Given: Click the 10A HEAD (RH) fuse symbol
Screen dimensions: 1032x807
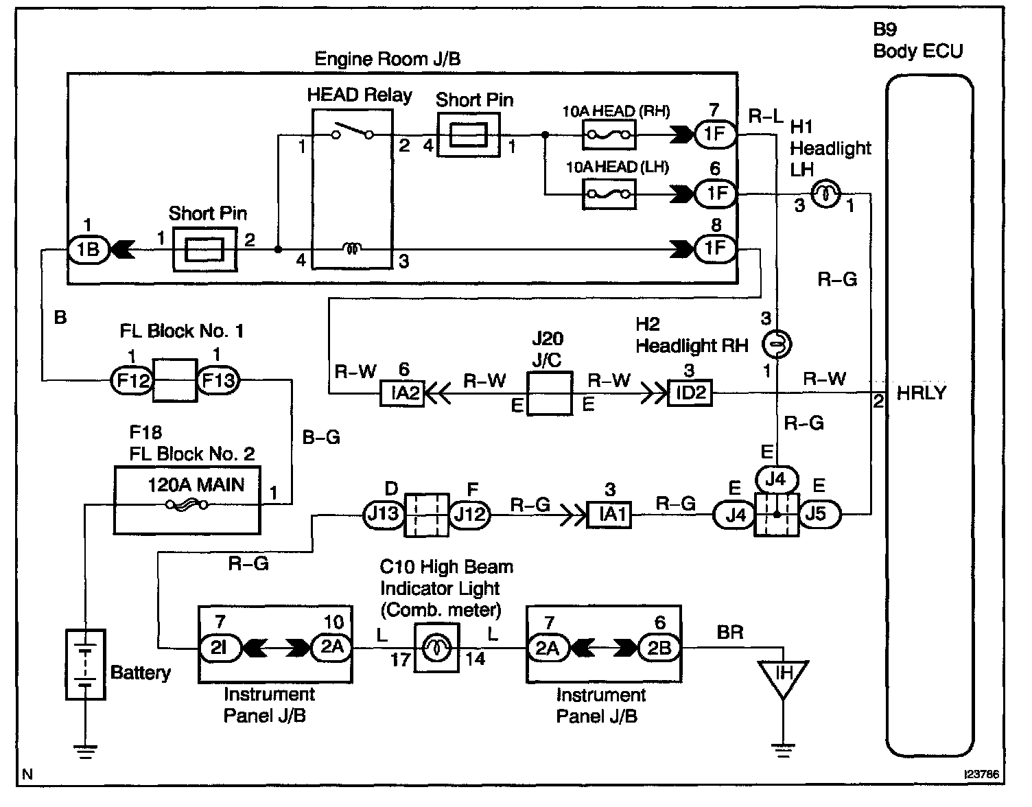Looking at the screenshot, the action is (609, 135).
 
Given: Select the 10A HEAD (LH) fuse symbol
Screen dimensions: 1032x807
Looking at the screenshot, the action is (609, 194).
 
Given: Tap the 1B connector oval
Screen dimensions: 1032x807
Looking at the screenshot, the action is (89, 249).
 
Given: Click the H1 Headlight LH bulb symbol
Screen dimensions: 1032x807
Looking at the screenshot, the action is (825, 194).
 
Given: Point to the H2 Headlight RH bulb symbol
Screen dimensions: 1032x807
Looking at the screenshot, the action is (777, 344).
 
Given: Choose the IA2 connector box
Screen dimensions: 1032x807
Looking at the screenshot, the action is (402, 393).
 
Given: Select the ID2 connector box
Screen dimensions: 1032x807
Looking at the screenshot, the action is (690, 393).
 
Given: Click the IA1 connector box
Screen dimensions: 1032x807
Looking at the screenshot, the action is (609, 515).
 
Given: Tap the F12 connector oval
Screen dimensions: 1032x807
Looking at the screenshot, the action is (132, 380).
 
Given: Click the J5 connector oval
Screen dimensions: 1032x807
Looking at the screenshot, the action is (820, 514).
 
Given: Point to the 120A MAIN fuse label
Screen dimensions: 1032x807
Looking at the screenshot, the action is (196, 485).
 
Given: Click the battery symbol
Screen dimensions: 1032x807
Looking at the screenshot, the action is (86, 664).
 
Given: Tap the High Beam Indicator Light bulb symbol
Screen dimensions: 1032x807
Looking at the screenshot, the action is (436, 648).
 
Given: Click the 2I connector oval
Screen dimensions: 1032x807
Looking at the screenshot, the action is (219, 647).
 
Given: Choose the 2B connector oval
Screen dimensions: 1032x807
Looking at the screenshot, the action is (659, 648).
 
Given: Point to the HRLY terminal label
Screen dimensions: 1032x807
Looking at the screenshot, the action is (922, 393).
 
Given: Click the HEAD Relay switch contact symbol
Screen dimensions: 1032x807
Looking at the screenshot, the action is (353, 131).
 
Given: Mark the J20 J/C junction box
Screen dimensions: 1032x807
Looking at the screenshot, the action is (550, 393).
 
